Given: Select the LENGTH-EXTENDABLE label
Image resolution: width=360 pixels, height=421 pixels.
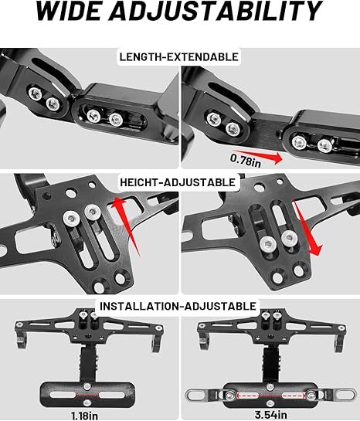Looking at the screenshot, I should (x=178, y=56).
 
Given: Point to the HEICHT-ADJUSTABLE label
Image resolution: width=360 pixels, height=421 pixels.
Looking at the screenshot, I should (x=178, y=182).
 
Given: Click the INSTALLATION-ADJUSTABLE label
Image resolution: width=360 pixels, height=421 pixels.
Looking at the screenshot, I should (x=178, y=307).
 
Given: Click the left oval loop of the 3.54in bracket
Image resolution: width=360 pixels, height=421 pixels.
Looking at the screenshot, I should (x=194, y=395).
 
